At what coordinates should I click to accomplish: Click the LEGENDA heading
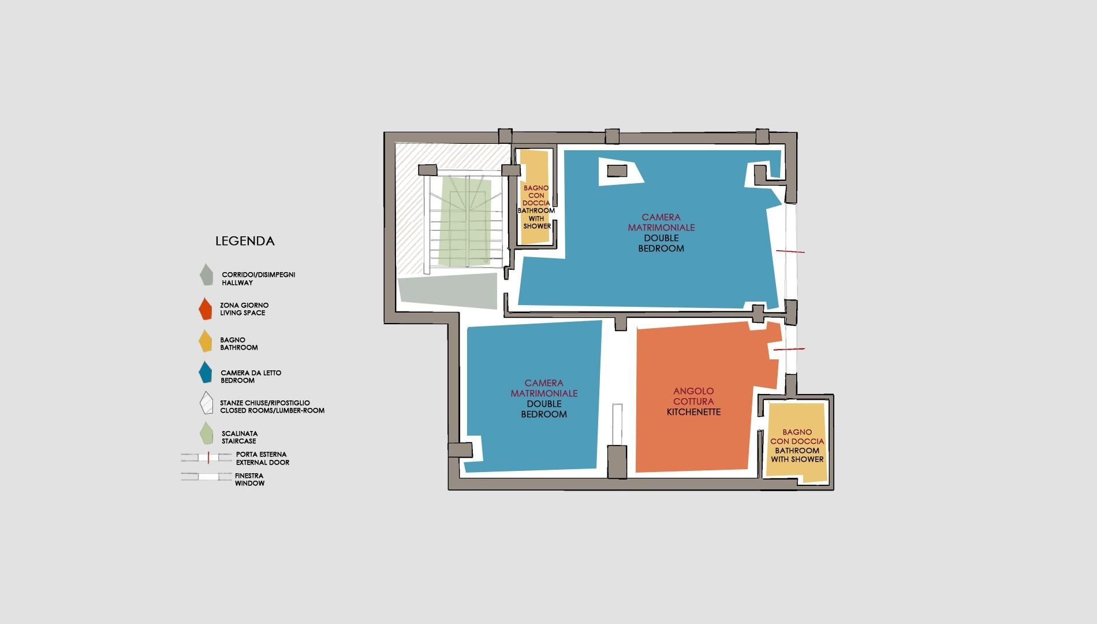tap(245, 241)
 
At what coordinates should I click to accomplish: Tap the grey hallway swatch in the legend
tap(206, 275)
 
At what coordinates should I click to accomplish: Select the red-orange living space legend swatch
tap(205, 309)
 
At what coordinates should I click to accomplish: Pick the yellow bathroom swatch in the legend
tap(205, 341)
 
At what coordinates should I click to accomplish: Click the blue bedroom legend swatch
tap(205, 373)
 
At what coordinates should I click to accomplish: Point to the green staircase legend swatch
tap(206, 433)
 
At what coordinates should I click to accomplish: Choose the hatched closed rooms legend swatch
tap(206, 403)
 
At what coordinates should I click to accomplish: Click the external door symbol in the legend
tap(206, 458)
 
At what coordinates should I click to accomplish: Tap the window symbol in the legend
tap(206, 477)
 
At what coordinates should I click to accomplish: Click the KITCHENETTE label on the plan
tap(693, 412)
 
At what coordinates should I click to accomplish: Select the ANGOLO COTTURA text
tap(693, 396)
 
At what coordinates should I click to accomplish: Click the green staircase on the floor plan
tap(465, 222)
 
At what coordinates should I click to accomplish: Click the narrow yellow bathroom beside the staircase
tap(535, 196)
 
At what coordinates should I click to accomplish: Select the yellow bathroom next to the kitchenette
tap(796, 443)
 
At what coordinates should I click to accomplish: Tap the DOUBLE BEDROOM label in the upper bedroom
tap(661, 243)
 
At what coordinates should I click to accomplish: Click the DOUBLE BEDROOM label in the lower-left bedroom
tap(544, 409)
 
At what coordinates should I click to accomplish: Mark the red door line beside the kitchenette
tap(789, 350)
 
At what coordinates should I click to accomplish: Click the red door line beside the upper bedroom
tap(790, 251)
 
